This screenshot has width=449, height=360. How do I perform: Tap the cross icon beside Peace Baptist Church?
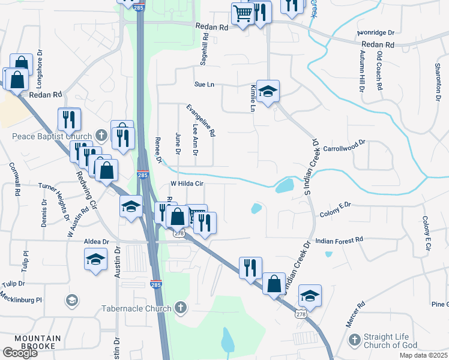(101, 136)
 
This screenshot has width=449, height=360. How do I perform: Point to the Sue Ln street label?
(204, 85)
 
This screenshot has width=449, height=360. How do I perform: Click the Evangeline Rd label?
(200, 121)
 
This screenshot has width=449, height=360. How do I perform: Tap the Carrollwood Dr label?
(344, 146)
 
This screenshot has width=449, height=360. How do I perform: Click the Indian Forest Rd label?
(340, 239)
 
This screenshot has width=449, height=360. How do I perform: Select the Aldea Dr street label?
(97, 241)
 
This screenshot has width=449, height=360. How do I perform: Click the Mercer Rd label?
(355, 314)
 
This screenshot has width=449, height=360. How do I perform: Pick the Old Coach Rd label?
(379, 70)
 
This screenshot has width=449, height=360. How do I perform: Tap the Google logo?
(20, 352)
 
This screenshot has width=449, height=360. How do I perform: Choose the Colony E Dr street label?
(335, 205)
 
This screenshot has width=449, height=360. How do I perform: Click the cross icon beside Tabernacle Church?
(180, 308)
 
